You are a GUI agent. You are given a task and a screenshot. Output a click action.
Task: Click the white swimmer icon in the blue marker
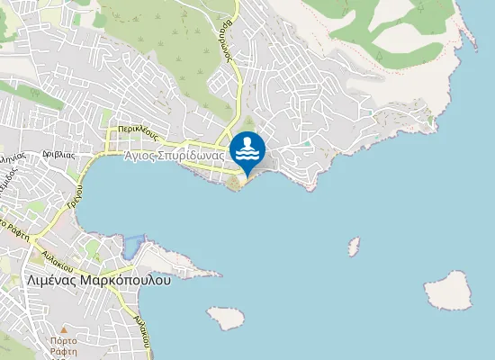[x=247, y=148]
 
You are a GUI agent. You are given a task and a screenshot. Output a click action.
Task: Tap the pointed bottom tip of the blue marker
[x=247, y=175]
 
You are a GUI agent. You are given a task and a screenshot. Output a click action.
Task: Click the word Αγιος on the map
[x=143, y=156]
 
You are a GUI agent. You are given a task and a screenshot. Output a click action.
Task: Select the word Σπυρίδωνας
[x=193, y=156]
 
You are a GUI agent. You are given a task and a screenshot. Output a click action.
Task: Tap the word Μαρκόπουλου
[x=127, y=280]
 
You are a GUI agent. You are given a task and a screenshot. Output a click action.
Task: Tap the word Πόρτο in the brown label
[x=63, y=341]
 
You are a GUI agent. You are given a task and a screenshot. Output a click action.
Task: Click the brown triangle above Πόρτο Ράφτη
[x=63, y=329]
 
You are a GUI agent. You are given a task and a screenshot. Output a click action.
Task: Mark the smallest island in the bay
[x=355, y=246]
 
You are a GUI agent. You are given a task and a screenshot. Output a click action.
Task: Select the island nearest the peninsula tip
[x=226, y=317]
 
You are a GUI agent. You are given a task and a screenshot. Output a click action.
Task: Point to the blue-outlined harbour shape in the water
[x=133, y=244]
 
